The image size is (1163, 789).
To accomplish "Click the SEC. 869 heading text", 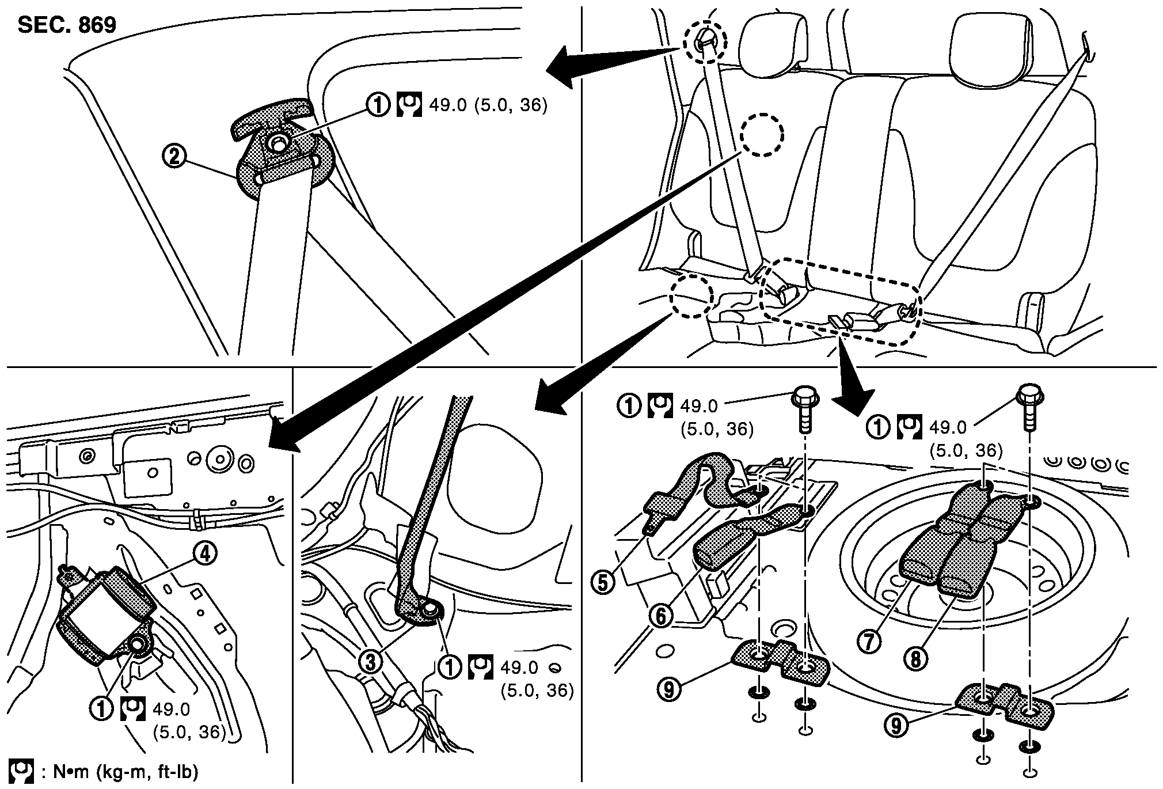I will coord(67,25).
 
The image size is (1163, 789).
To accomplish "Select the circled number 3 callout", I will coord(371,662).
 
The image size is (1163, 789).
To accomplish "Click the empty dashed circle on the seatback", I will coord(761,134).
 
